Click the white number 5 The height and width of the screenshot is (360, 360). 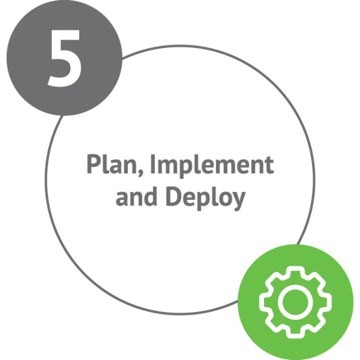pos(64,58)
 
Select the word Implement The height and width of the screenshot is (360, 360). pos(212,166)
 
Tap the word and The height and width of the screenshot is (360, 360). pos(136,196)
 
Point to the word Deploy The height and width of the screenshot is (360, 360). pos(206,198)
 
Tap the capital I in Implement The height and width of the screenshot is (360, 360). pos(153,164)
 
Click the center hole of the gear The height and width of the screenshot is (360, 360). pos(295,302)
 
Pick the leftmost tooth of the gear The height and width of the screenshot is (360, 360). pos(264,302)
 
